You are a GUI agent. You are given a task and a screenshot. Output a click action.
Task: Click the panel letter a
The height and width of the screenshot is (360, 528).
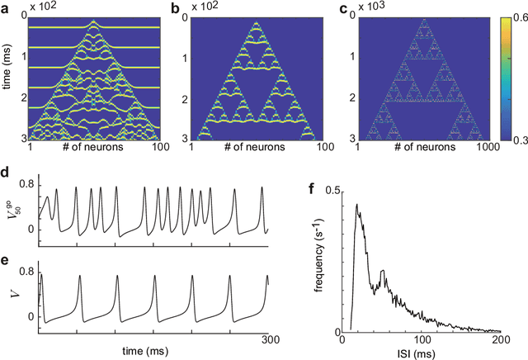coord(5,7)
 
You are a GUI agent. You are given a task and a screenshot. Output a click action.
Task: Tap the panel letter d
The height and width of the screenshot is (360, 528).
coord(5,176)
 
